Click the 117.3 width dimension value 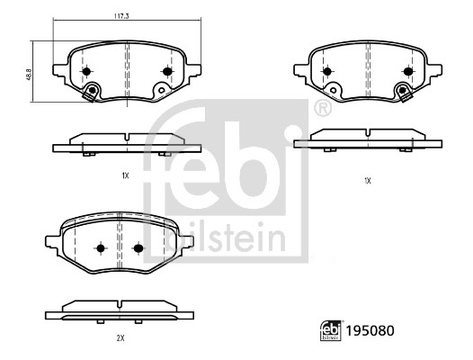pyautogui.click(x=121, y=16)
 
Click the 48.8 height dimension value pyautogui.click(x=29, y=75)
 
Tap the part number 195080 pyautogui.click(x=370, y=331)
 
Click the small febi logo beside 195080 pyautogui.click(x=331, y=330)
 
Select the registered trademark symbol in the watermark pyautogui.click(x=323, y=108)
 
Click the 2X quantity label pyautogui.click(x=120, y=338)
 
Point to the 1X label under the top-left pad pyautogui.click(x=125, y=175)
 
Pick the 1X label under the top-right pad pyautogui.click(x=368, y=181)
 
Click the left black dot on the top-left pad pyautogui.click(x=86, y=72)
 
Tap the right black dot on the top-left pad pyautogui.click(x=167, y=72)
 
